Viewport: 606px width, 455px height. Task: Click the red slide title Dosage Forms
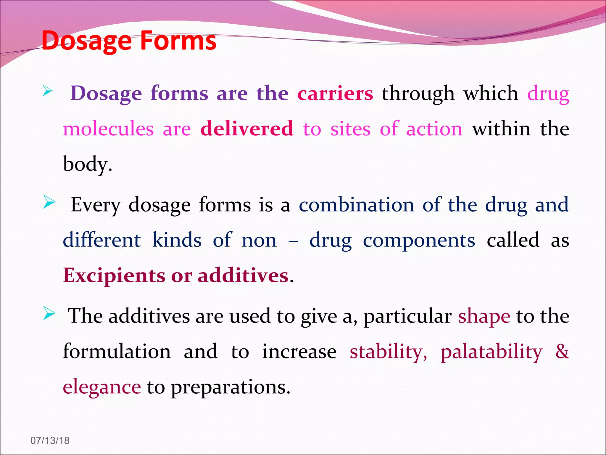129,41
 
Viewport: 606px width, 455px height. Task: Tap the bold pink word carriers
335,94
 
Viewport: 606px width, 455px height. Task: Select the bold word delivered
247,129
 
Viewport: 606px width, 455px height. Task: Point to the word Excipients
114,275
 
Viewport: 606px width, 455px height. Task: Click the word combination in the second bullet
357,205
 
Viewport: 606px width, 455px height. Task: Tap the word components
419,240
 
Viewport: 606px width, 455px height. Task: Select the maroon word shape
484,316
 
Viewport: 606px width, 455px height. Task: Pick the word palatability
491,352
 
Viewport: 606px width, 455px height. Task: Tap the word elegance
102,387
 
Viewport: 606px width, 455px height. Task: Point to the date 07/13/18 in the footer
50,440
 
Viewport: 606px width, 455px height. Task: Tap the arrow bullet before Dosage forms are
48,90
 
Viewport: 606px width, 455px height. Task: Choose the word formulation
117,352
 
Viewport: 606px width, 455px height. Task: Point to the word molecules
108,129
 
